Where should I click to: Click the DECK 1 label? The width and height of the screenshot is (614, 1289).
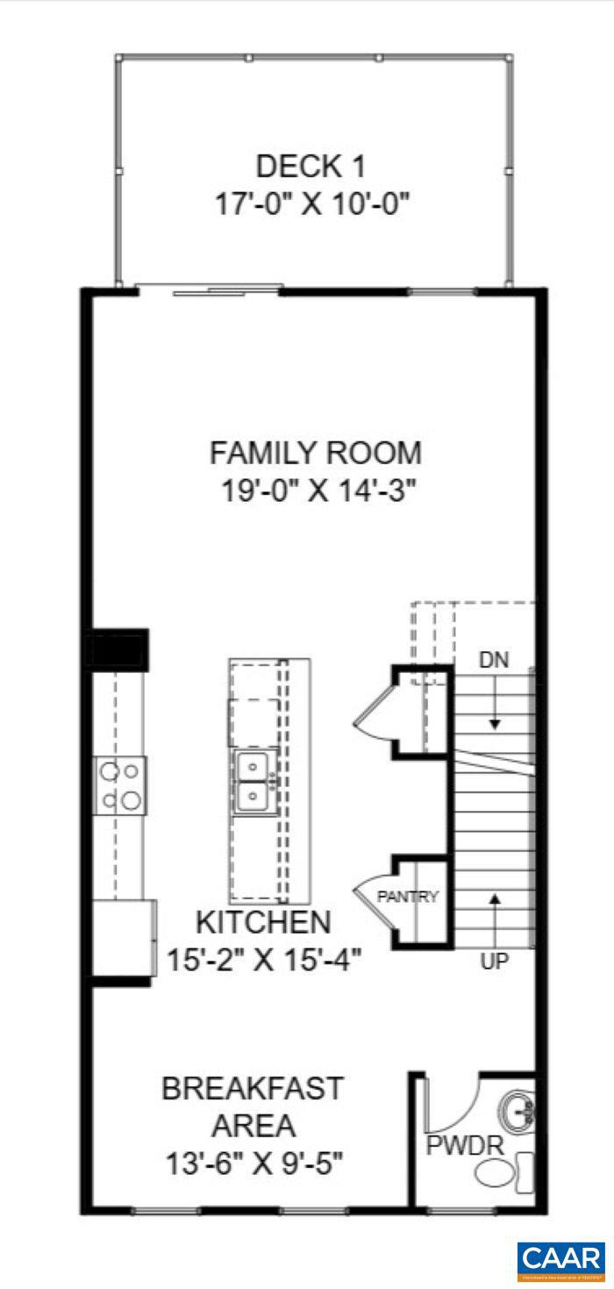(310, 166)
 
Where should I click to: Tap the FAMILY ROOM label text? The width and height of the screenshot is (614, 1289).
(315, 453)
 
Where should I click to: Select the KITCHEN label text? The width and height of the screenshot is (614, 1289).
(263, 922)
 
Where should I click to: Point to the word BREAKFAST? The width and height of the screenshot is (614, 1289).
(252, 1088)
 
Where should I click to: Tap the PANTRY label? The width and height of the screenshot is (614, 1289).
(407, 897)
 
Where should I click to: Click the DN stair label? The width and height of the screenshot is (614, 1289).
(494, 659)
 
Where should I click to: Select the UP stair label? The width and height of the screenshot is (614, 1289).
(494, 962)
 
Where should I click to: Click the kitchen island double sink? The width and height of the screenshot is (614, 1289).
(255, 781)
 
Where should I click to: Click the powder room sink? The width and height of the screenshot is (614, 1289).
(518, 1111)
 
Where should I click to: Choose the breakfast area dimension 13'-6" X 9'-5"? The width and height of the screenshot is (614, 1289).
(253, 1164)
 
